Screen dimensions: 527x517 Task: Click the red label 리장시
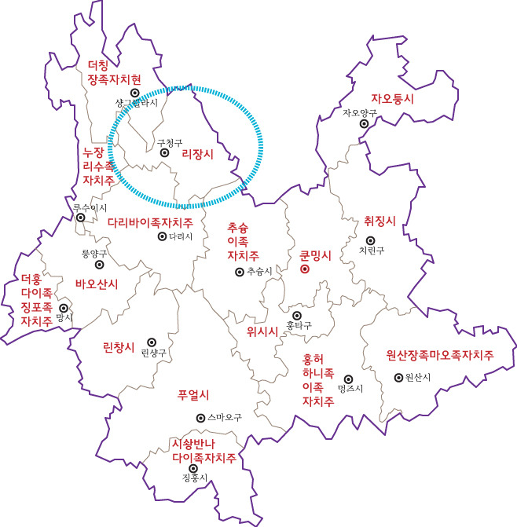pos(198,154)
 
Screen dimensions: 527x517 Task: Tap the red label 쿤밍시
pos(316,255)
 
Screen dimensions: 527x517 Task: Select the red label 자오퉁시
pos(392,100)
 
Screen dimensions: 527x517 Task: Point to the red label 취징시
pos(380,221)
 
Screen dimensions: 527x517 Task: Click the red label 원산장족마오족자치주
pos(440,355)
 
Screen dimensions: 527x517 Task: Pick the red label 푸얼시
pos(194,394)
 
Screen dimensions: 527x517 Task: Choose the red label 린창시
pos(119,346)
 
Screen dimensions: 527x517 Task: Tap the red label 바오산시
pos(96,284)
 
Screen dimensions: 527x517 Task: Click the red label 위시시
pos(263,331)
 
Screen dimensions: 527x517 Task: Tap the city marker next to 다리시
pos(162,236)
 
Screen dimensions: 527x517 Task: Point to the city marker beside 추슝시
pos(239,272)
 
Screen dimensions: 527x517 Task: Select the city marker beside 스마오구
pos(200,418)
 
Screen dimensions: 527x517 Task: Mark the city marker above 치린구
pos(369,240)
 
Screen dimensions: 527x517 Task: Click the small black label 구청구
pos(170,142)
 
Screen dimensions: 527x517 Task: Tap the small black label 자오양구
pos(360,113)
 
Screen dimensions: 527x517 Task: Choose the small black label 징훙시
pos(193,478)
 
